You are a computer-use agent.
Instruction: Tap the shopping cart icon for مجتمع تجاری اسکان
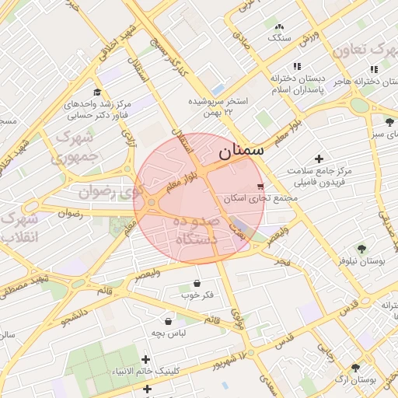[260, 187]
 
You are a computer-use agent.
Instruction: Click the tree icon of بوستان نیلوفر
[361, 249]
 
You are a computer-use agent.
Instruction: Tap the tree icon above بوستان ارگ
[355, 368]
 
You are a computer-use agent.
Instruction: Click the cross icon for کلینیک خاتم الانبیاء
[145, 359]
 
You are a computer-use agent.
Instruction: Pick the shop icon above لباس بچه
[168, 320]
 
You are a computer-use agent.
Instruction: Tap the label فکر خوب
[197, 295]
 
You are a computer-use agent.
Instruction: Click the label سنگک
[278, 37]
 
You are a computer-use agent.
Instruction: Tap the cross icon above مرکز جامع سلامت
[319, 159]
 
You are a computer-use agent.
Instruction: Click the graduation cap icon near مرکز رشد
[97, 92]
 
